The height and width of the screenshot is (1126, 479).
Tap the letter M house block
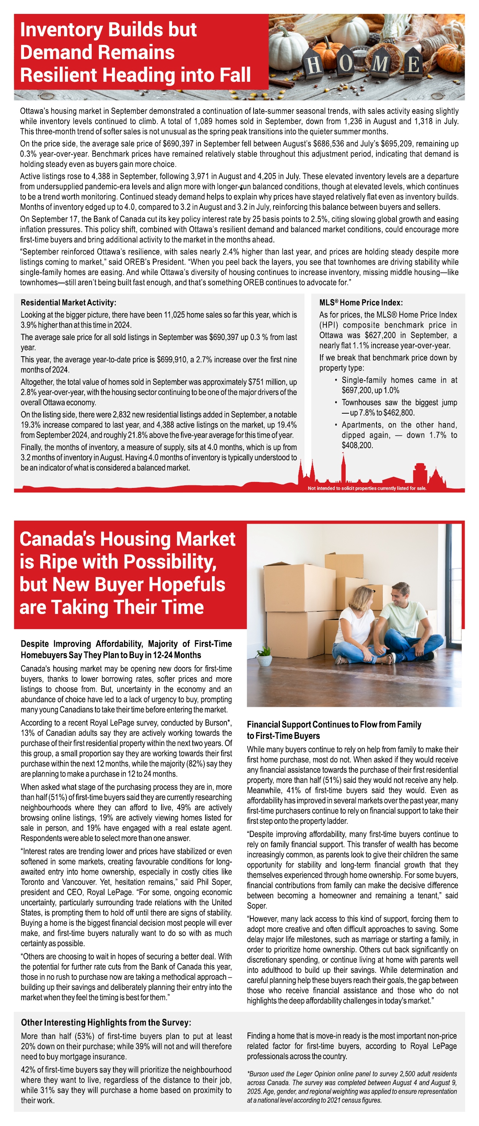pos(380,65)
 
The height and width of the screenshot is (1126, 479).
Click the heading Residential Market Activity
pos(68,303)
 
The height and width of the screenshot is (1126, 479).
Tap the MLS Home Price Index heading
pos(361,303)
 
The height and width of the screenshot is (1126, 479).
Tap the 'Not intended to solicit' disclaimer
pos(367,488)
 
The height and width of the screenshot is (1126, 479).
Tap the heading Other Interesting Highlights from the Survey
pos(106,1022)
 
